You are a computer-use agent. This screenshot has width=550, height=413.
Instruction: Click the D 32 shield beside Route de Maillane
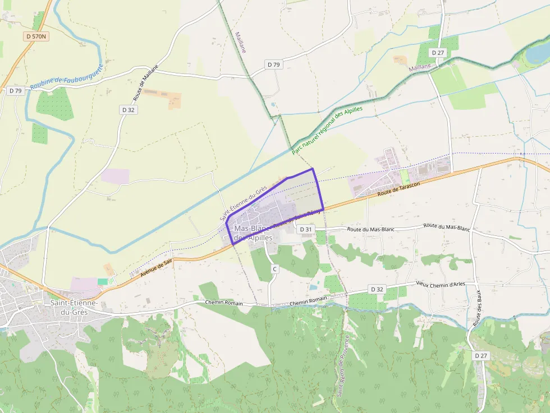(x=129, y=110)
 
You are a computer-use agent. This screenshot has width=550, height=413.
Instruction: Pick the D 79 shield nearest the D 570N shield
(x=15, y=91)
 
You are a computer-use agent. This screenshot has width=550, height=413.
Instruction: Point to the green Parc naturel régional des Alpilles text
(x=327, y=130)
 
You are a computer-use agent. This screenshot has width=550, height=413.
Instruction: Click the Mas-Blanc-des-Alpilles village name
(x=253, y=233)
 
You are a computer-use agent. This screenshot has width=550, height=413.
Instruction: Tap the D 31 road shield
(x=305, y=229)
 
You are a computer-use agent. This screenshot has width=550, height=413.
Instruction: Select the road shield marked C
(x=274, y=270)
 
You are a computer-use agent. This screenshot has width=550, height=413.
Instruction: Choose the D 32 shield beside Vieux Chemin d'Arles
(x=377, y=289)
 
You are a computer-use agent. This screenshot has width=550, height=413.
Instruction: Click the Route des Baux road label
(x=478, y=311)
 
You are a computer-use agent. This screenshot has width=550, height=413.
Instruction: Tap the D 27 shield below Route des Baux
(x=481, y=355)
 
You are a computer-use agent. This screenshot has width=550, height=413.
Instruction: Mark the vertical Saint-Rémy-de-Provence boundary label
(x=343, y=366)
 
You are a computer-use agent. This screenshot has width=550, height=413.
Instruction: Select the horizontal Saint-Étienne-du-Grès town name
(x=74, y=307)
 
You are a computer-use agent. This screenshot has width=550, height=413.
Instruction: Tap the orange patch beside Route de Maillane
(x=168, y=99)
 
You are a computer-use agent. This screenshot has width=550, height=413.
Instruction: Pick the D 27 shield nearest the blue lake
(x=438, y=52)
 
